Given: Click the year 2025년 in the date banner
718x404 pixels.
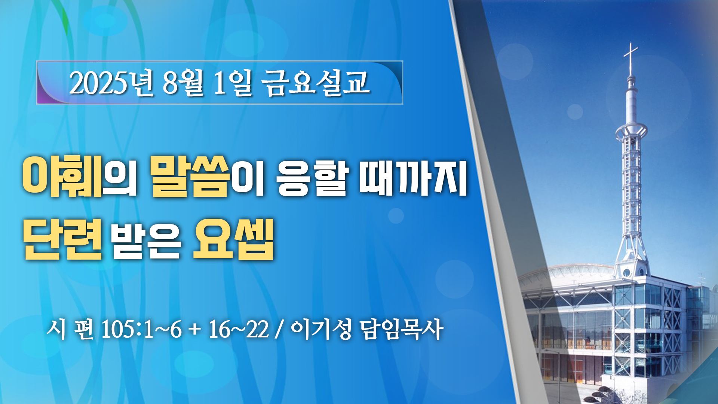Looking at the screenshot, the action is pos(111,83).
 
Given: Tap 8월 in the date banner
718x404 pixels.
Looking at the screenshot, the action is pos(182,83).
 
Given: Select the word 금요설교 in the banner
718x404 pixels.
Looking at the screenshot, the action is pos(316,83).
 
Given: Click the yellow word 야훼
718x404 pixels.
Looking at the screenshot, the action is pos(62,175).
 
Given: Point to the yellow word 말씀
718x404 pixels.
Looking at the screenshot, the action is pos(190,175).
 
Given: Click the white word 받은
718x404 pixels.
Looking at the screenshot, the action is pos(146,240).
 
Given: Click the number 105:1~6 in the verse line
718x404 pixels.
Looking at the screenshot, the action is pos(141,329).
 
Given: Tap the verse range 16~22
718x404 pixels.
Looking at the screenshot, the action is pos(239,329).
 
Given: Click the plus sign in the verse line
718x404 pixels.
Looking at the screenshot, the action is pos(195,330).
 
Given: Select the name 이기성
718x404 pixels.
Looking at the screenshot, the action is pos(321,329).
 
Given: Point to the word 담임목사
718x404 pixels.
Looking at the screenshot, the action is pos(402,329).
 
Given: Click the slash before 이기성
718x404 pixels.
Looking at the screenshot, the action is pos(279,330).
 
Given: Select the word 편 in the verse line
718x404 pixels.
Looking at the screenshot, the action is pos(84,329).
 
